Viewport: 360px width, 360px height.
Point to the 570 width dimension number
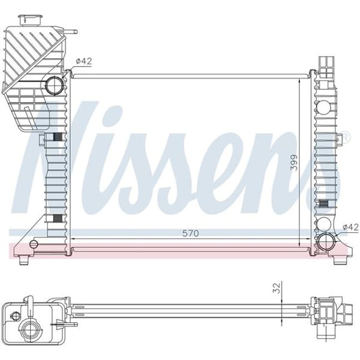[190, 232]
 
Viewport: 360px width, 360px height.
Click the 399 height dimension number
[294, 162]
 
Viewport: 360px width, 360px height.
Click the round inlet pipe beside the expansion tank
[55, 85]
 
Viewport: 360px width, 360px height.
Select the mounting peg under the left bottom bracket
[23, 260]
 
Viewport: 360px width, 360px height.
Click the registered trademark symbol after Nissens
[344, 139]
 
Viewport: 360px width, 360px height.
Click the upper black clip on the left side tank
[57, 137]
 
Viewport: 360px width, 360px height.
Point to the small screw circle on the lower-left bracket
[34, 244]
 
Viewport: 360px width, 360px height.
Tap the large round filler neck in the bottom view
[29, 329]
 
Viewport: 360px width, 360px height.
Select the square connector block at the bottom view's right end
[327, 310]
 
